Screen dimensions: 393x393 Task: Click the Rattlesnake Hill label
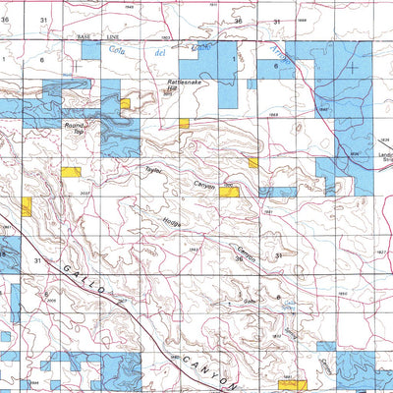pos(185,86)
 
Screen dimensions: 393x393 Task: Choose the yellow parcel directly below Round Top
pos(71,171)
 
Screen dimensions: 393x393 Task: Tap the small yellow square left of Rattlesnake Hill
pos(125,102)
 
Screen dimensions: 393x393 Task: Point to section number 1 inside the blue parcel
pos(234,60)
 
